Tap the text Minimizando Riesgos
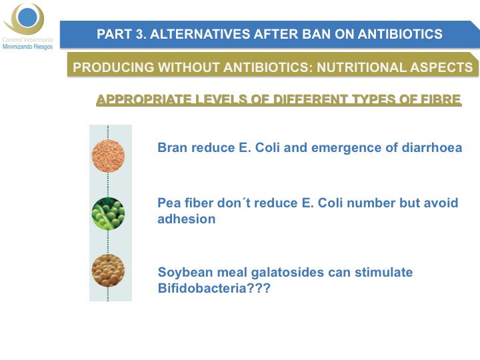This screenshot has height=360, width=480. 27,47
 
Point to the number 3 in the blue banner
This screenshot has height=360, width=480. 139,34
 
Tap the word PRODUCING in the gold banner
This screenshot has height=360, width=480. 113,67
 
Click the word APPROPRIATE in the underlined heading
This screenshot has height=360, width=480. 143,99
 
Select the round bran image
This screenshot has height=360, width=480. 108,156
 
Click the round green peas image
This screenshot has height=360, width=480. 108,213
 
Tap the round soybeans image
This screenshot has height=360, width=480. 108,271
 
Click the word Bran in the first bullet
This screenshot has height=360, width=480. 172,147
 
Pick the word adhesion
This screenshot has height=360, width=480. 187,219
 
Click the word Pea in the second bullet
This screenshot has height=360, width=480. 169,203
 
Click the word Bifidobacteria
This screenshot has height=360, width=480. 203,289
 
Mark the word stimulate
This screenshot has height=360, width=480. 383,272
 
